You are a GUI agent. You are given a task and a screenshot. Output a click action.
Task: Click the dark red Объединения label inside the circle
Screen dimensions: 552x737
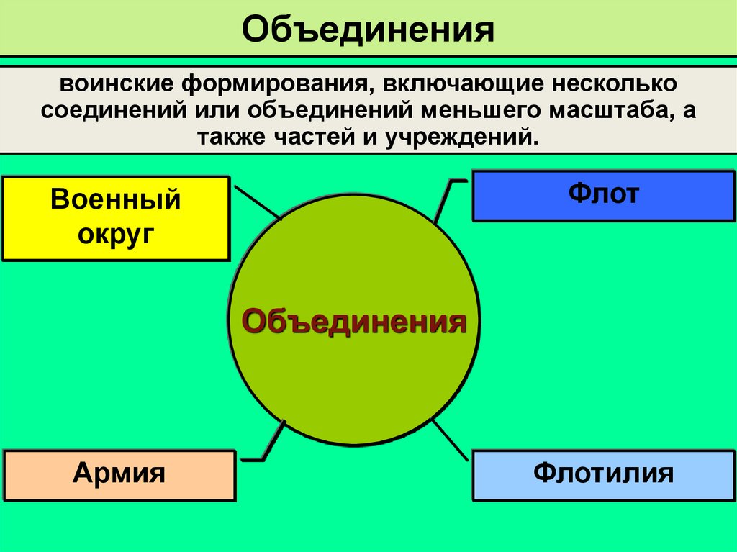coord(353,321)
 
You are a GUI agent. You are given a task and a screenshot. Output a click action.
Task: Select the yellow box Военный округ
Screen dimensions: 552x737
coord(116,217)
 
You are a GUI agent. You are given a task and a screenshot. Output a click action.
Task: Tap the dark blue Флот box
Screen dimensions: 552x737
coord(603,195)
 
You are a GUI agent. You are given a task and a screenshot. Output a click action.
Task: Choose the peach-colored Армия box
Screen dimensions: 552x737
coord(119,475)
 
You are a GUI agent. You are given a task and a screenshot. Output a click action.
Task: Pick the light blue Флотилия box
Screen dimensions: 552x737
coord(603,475)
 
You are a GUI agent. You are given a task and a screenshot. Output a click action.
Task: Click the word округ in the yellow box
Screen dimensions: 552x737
coord(116,232)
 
